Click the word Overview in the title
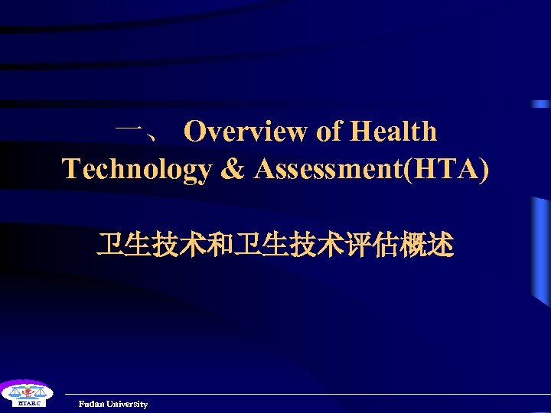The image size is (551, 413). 246,132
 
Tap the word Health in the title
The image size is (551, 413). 393,132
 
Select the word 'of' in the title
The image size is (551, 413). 328,132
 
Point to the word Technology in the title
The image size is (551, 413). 136,169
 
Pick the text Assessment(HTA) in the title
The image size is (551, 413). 371,169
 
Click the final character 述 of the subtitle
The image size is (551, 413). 441,246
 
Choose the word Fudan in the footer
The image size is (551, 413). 92,404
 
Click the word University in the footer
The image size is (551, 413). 128,404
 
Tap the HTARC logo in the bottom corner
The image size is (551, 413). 24,395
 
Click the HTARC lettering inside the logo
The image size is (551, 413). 24,402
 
